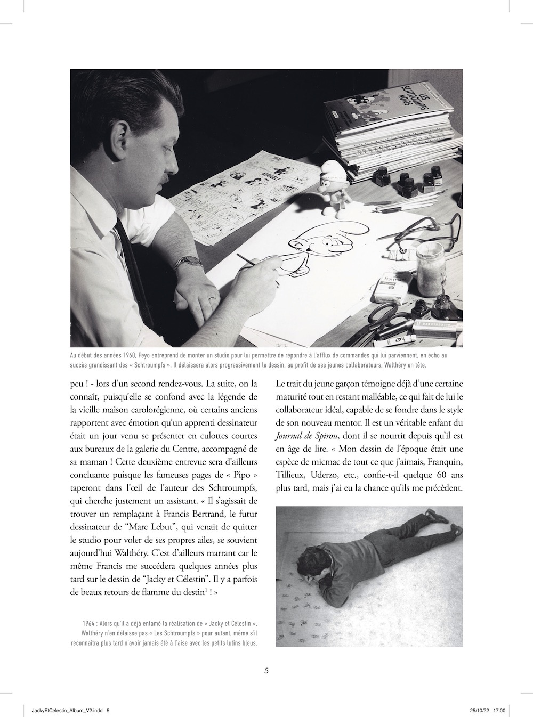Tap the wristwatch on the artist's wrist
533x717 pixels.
coord(189,262)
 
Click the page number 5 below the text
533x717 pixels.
coord(266,671)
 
